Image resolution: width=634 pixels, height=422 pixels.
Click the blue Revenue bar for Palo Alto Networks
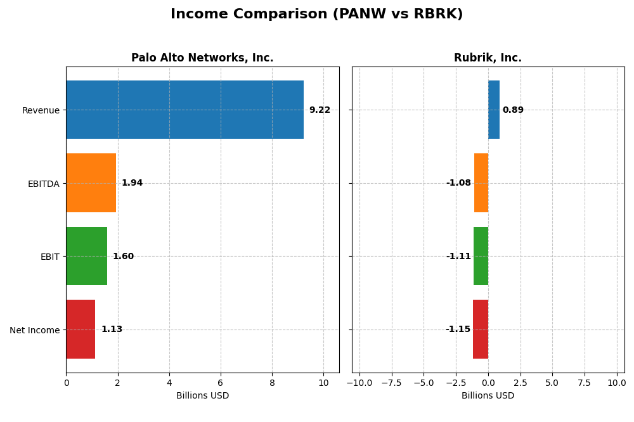pos(184,110)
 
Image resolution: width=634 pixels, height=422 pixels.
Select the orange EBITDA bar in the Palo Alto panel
pos(91,183)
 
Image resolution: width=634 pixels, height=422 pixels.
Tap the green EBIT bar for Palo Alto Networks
pos(86,256)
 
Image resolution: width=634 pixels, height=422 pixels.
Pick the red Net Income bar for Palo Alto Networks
pos(81,329)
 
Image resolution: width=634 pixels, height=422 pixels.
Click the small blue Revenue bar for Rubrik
pos(494,110)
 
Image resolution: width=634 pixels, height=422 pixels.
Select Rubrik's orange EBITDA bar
pos(481,183)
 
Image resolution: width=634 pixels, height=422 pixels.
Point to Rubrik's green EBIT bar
pos(481,256)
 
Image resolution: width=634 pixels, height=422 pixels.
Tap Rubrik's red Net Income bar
pos(481,329)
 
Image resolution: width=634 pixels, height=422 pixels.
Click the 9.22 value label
pos(320,110)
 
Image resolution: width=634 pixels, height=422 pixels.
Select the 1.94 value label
pos(132,183)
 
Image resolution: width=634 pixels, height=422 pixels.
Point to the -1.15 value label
pos(458,329)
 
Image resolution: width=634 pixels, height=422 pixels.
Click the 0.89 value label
pos(513,110)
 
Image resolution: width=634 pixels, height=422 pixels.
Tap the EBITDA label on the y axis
pos(43,184)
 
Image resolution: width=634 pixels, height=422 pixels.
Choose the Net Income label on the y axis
pos(34,330)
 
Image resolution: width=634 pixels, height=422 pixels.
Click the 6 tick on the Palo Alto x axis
pos(221,383)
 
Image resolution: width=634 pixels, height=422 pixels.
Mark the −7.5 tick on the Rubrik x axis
pos(391,383)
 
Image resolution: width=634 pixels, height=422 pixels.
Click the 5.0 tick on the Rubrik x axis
pos(552,383)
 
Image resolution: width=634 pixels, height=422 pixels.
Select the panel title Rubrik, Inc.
pos(488,58)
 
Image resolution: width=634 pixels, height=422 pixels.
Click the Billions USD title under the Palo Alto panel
pos(202,396)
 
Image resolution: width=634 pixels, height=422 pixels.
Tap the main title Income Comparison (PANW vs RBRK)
pos(316,15)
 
